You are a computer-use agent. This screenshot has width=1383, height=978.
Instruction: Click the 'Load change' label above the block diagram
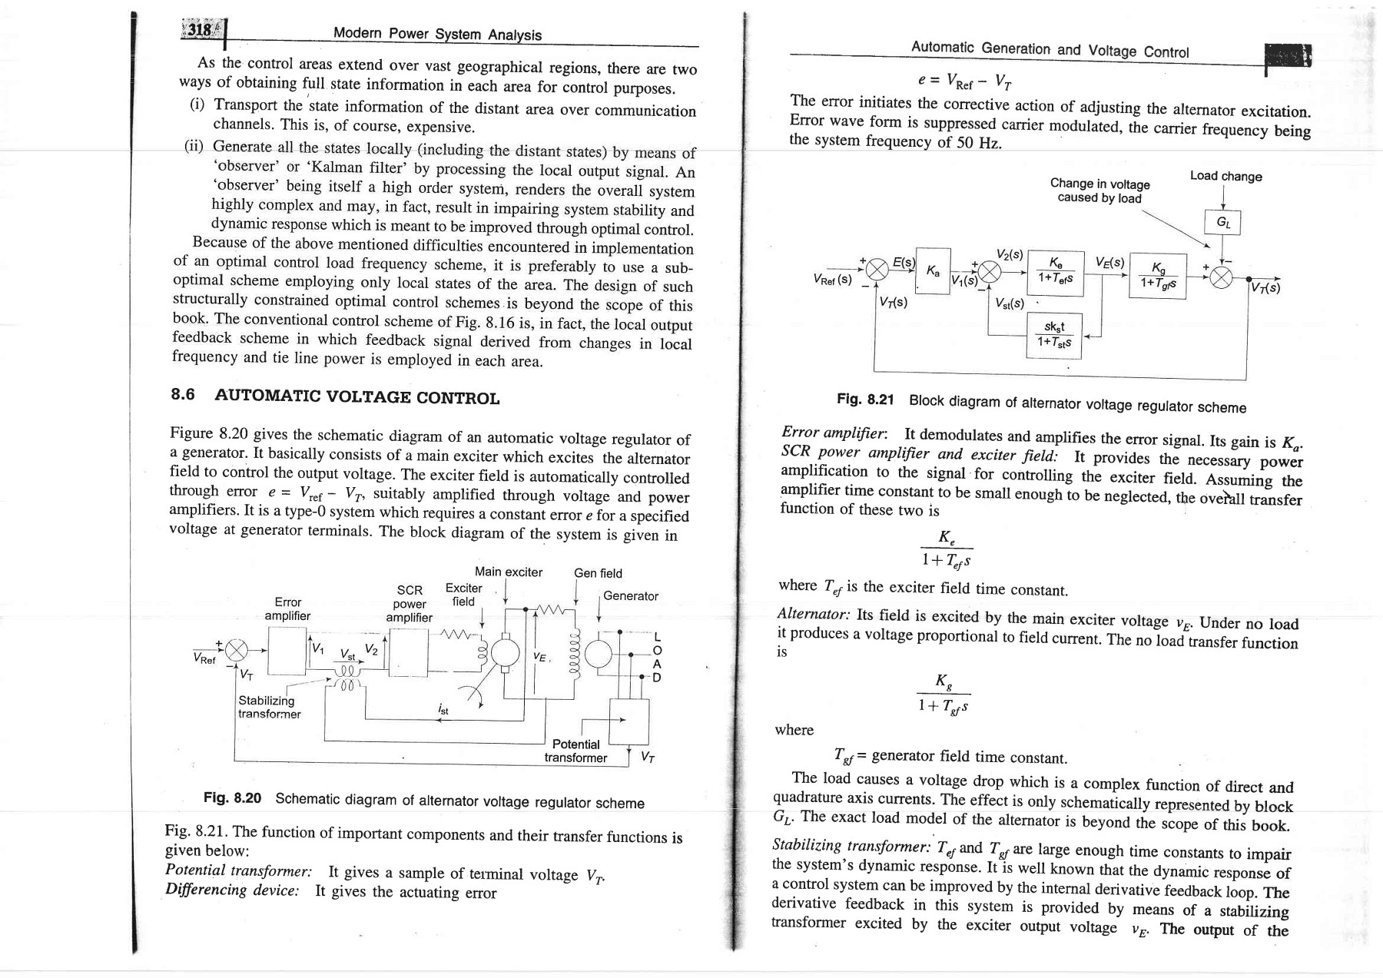point(1225,176)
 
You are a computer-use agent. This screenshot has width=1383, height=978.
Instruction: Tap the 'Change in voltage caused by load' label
point(1099,191)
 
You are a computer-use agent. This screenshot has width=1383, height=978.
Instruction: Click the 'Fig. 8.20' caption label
point(232,798)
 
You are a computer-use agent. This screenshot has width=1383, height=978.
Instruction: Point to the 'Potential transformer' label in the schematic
point(575,751)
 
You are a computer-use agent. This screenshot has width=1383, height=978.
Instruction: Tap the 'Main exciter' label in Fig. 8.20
point(509,572)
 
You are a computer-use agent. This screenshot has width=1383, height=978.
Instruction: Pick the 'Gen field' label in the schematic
point(598,573)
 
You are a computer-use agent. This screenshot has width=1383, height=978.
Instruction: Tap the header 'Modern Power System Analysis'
point(437,35)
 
